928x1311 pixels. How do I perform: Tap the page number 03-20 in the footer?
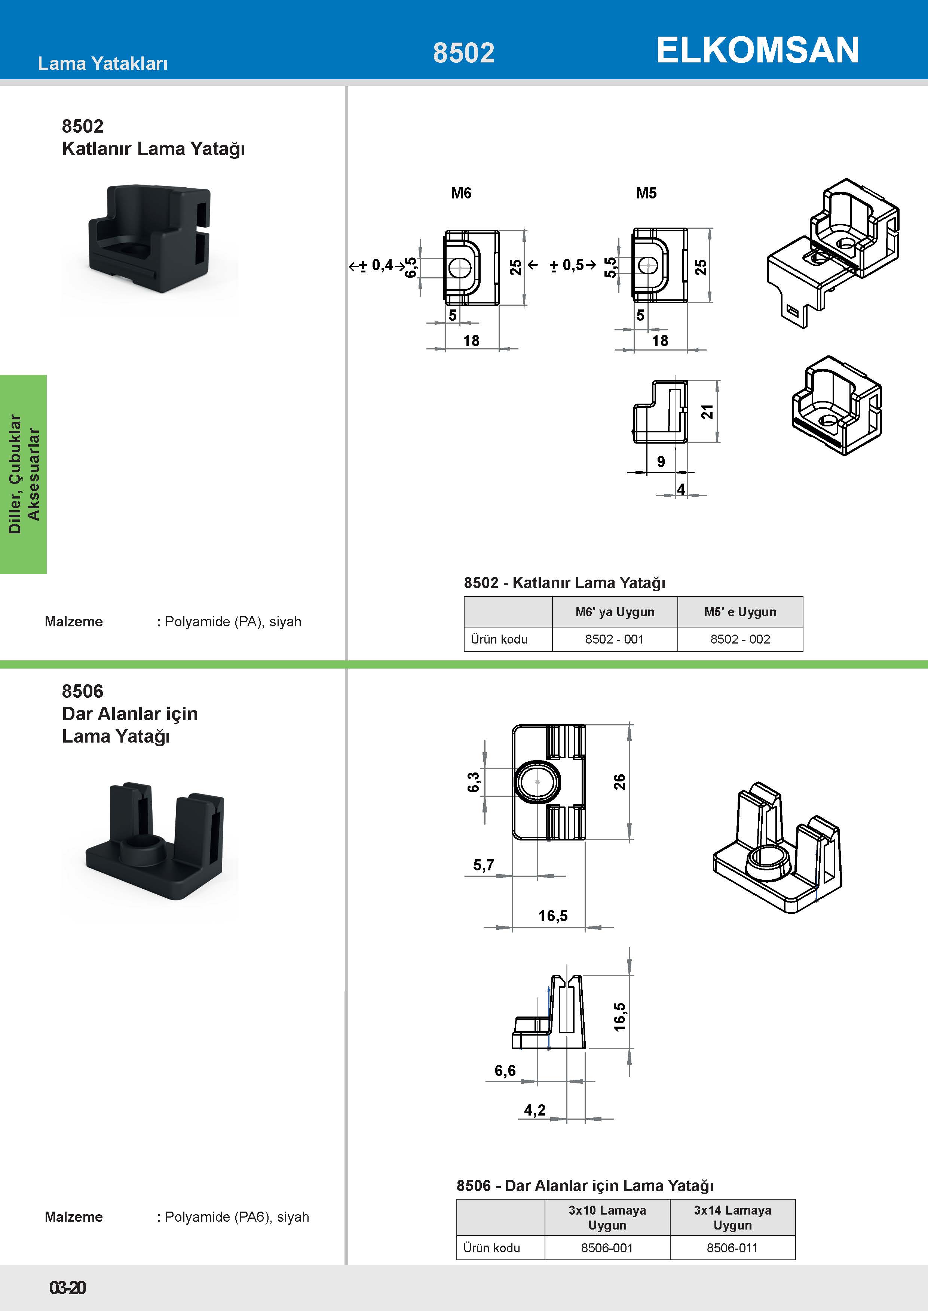point(67,1287)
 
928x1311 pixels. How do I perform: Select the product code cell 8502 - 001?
point(614,639)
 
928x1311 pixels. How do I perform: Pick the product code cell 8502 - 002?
point(740,639)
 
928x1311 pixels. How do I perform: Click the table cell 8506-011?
point(732,1247)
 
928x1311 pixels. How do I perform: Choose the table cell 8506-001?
point(607,1247)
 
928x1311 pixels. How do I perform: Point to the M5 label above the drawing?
point(646,193)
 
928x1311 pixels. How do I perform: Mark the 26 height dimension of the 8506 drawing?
point(619,782)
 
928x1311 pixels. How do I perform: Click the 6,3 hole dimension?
point(474,782)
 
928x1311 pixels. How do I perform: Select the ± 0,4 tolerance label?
point(377,265)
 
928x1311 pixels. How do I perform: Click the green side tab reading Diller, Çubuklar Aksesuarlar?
point(24,474)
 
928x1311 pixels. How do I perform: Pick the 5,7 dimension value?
point(483,865)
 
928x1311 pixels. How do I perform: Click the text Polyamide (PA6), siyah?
point(236,1217)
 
